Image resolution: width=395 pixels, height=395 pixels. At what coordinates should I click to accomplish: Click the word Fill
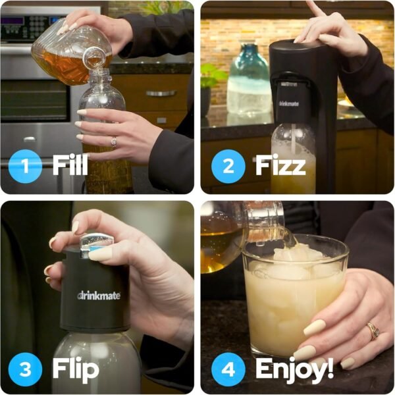[x=70, y=165]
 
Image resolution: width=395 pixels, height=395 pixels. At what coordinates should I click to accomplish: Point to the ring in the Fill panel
[x=114, y=142]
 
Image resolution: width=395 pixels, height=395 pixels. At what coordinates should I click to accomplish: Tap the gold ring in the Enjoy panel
[x=373, y=330]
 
